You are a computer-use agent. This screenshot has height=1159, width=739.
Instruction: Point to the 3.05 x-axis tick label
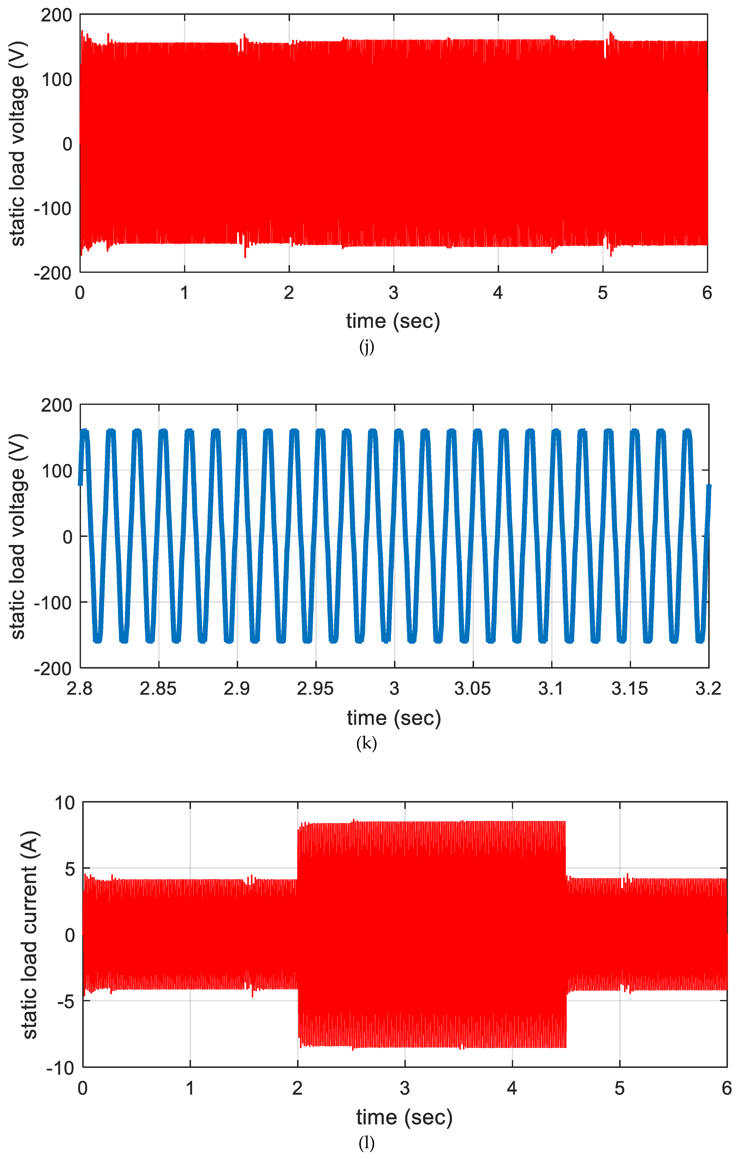click(x=473, y=689)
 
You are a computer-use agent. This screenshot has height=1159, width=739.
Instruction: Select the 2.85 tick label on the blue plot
click(x=158, y=689)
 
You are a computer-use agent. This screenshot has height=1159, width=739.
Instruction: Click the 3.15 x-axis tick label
click(x=630, y=689)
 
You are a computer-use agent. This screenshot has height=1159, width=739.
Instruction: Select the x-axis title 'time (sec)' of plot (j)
click(x=393, y=321)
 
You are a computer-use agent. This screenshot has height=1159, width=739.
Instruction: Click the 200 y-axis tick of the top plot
click(x=56, y=15)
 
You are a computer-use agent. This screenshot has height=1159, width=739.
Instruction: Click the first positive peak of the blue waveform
click(x=85, y=431)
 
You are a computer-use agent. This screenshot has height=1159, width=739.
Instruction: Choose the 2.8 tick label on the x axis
click(x=80, y=689)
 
